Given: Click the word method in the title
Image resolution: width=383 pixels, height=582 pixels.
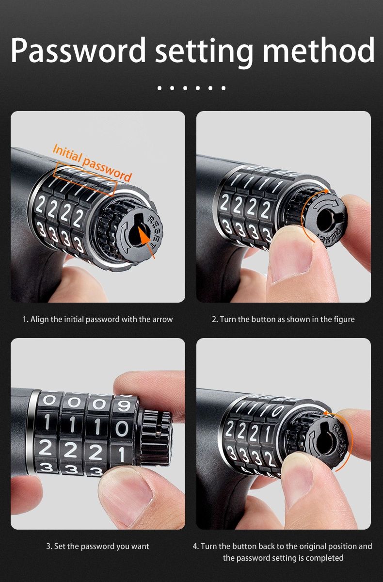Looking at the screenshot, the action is [319, 49].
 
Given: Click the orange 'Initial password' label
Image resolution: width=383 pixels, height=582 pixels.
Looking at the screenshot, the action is [92, 162].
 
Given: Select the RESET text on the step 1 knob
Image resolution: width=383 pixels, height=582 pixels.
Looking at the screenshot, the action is [154, 232].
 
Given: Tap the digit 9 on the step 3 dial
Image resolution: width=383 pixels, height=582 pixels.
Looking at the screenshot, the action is [124, 405].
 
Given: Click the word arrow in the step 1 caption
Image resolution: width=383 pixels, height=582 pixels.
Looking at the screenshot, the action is [162, 319].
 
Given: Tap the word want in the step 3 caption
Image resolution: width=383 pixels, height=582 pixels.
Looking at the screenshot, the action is [140, 547].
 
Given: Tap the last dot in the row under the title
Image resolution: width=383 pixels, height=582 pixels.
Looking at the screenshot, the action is [223, 88].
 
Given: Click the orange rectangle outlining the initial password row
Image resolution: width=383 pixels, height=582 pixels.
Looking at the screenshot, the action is [86, 179].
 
